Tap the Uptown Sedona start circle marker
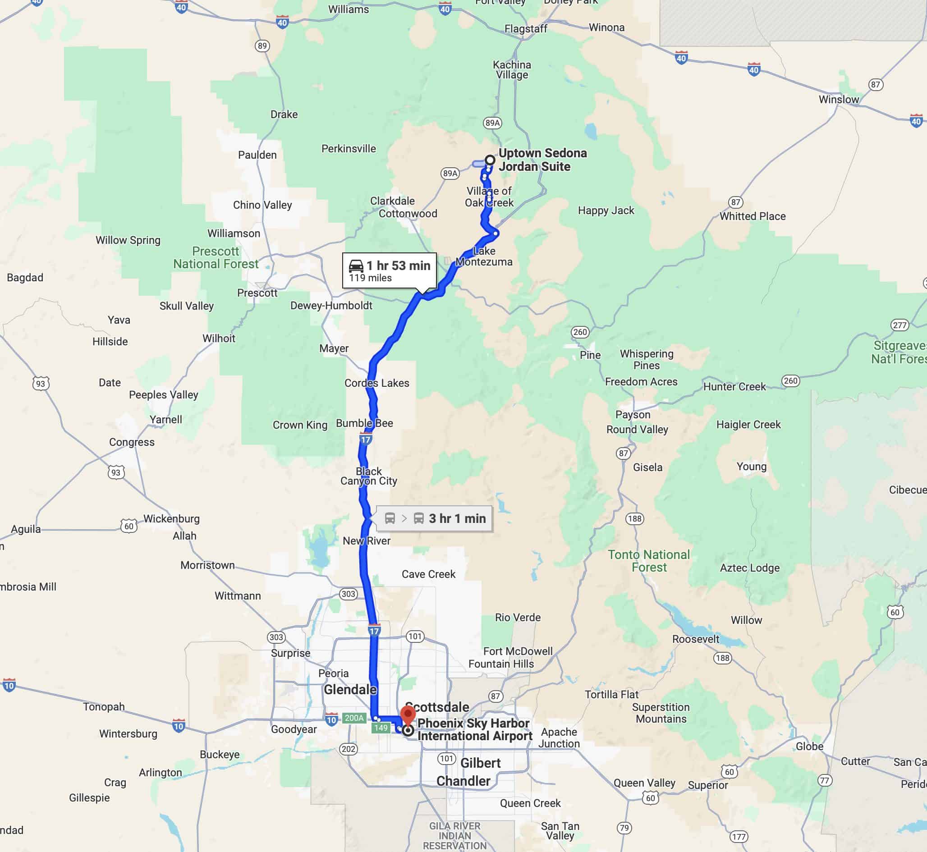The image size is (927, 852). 490,160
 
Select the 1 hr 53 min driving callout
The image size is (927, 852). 389,270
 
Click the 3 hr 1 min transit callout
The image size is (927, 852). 435,518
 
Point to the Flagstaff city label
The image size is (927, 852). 525,28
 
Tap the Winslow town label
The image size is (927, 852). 839,99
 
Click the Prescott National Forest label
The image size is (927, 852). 216,258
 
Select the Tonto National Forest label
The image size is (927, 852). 648,561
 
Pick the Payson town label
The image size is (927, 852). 633,414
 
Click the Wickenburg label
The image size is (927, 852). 172,518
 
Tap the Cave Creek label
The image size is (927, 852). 428,574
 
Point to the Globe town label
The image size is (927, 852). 809,746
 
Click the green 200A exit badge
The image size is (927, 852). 354,718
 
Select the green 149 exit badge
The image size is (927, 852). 381,728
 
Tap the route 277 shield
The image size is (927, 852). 899,325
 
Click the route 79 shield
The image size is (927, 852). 624,828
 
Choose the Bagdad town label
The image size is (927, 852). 25,278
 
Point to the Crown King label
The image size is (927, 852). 300,425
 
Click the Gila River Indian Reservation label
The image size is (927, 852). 455,835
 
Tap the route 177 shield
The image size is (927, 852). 739,836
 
